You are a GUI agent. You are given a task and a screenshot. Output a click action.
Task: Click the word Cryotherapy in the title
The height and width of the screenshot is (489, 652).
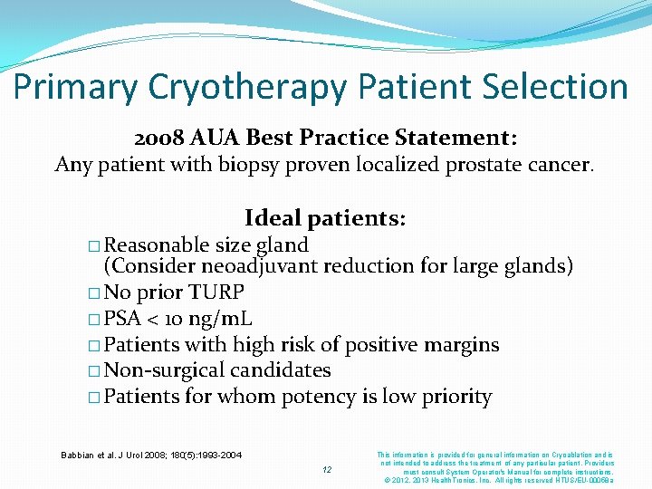point(242,88)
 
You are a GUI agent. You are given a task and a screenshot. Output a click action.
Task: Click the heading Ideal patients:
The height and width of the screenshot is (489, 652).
point(325,218)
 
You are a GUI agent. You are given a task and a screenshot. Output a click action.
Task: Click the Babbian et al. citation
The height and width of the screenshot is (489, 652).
point(150,454)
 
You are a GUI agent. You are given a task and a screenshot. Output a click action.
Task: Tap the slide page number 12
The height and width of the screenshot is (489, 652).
point(328,469)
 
